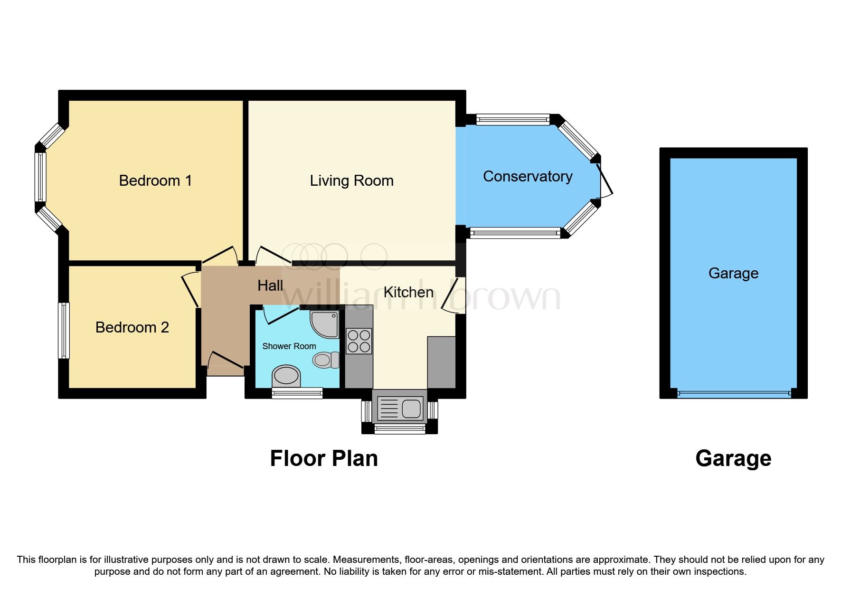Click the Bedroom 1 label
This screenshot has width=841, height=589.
coord(155,180)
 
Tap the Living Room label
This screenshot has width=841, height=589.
coord(351,180)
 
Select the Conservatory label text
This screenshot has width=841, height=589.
coord(527,176)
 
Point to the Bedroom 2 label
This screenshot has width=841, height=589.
coord(132,327)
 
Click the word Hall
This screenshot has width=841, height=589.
coord(270,285)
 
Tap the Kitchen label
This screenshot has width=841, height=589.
coord(408,292)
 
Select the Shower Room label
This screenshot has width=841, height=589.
coord(289,346)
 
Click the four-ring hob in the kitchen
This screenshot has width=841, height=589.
coord(359,341)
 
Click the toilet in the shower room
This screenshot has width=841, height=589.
coord(326,360)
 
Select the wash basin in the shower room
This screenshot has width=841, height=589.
coord(286,376)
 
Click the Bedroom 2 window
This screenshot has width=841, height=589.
coord(64,331)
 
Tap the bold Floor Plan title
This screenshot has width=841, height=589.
coord(323,458)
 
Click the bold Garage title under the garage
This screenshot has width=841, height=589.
coord(733,458)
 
